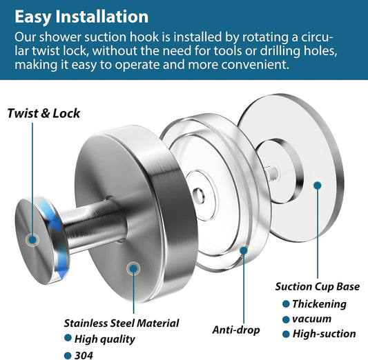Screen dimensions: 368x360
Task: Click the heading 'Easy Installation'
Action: [81, 17]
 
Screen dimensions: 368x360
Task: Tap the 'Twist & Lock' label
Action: [43, 113]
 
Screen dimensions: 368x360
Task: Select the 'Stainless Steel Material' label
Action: [122, 323]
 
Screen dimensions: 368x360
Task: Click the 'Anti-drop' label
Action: [236, 330]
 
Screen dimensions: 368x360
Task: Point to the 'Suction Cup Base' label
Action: [318, 287]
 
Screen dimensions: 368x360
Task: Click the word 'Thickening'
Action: [319, 304]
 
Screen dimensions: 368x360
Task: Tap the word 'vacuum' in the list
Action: [311, 319]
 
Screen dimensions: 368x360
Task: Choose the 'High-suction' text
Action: [324, 334]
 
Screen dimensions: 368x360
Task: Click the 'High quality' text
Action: [104, 339]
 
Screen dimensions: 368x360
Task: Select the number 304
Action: [84, 355]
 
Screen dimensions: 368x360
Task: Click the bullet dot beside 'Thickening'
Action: [286, 304]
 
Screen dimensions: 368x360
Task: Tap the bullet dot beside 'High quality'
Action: [68, 338]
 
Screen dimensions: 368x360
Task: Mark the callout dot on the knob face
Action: [32, 240]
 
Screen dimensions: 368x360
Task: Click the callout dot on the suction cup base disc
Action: [318, 186]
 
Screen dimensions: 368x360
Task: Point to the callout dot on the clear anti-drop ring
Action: [244, 250]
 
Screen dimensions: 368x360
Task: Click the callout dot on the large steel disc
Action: [133, 268]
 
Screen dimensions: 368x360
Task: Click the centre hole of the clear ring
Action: [199, 194]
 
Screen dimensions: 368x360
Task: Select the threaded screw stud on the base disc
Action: [271, 173]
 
